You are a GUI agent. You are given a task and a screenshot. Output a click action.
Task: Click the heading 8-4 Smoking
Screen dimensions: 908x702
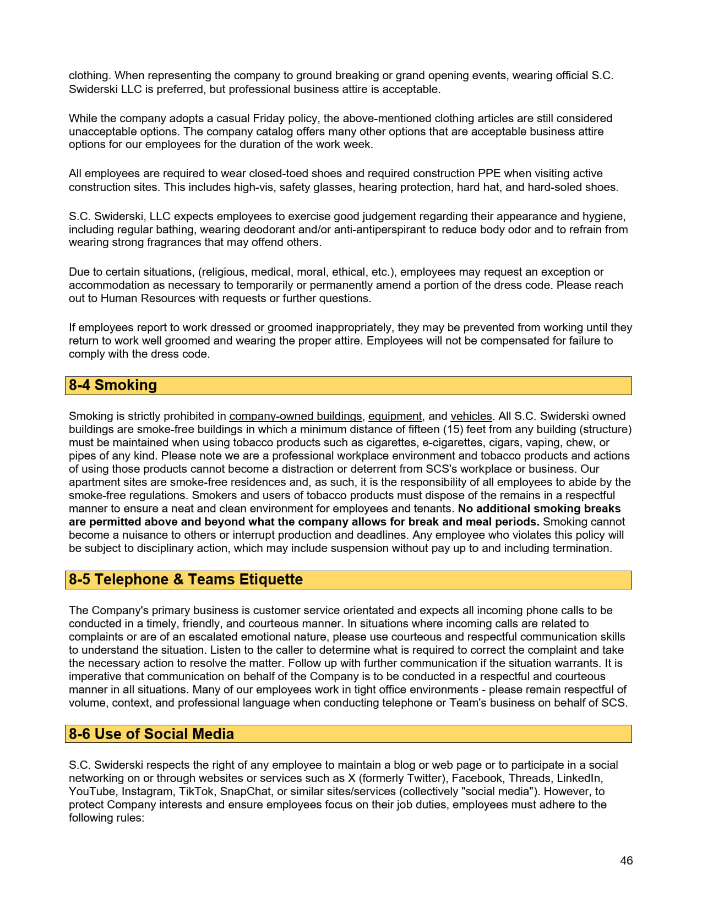(x=113, y=385)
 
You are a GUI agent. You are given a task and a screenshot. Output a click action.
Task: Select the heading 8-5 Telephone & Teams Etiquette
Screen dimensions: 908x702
(x=186, y=579)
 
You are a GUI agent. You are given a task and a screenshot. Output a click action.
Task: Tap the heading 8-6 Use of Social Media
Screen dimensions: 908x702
(x=151, y=734)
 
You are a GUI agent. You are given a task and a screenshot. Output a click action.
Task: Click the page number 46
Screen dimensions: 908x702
(x=626, y=861)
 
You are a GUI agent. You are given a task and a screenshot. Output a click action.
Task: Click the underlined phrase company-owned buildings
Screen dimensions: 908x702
(x=296, y=416)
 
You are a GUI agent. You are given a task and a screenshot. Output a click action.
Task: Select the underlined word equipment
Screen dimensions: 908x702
(x=395, y=416)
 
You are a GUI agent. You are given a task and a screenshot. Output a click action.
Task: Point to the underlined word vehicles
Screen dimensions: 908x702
(x=471, y=416)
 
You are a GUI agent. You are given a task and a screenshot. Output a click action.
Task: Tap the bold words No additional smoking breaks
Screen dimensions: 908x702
(x=539, y=508)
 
